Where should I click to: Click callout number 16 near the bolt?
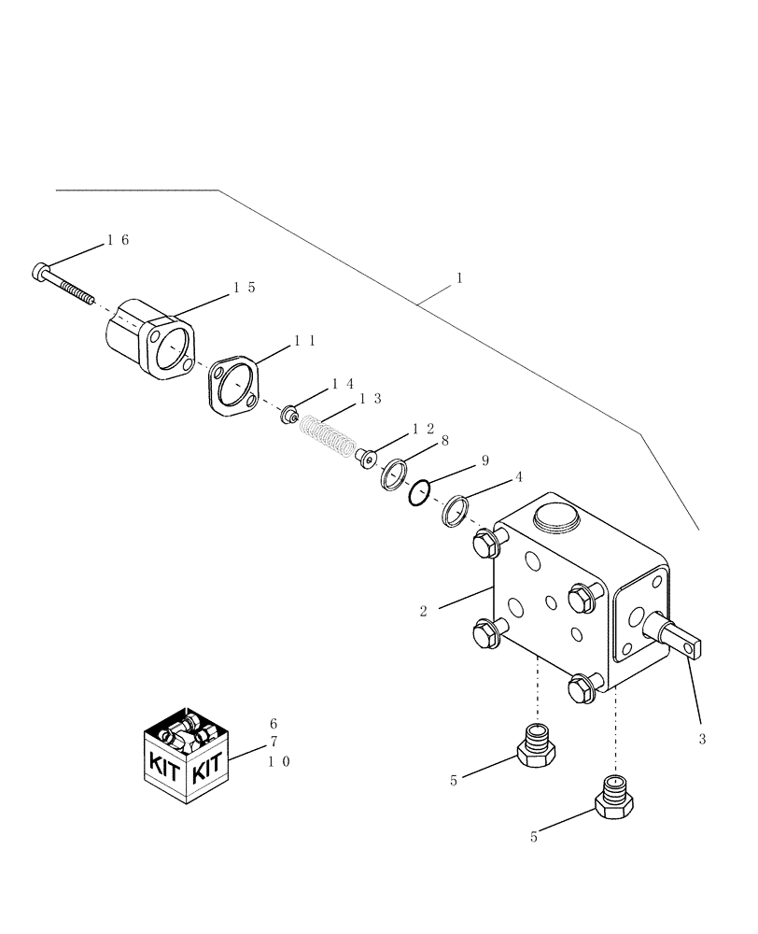pyautogui.click(x=118, y=240)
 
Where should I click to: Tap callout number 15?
pyautogui.click(x=245, y=289)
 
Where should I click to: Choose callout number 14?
pyautogui.click(x=343, y=384)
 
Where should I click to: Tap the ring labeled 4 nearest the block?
pyautogui.click(x=456, y=511)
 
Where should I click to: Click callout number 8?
pyautogui.click(x=445, y=439)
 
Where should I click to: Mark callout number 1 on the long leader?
pyautogui.click(x=459, y=278)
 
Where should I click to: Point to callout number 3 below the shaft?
pyautogui.click(x=702, y=739)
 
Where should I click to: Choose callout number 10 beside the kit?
pyautogui.click(x=279, y=761)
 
